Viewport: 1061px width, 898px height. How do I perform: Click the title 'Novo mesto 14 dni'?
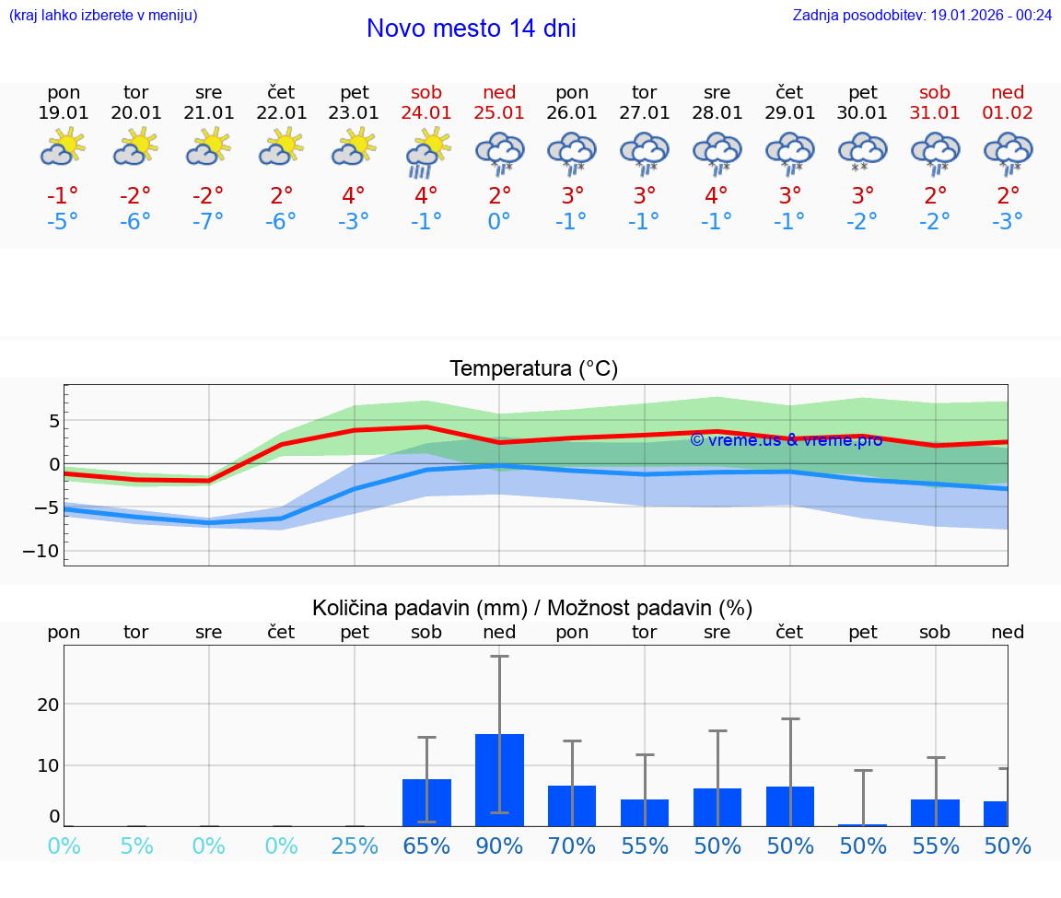[471, 29]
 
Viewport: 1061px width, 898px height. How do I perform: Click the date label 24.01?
[426, 113]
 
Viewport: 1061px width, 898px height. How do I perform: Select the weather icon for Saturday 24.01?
[426, 153]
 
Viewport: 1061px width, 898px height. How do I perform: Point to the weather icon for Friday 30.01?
[862, 153]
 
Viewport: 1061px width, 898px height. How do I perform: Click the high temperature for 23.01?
[354, 196]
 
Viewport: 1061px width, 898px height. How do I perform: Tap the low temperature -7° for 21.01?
[208, 222]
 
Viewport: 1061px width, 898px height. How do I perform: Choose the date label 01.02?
[1008, 113]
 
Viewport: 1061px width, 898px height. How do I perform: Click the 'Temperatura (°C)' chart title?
[533, 369]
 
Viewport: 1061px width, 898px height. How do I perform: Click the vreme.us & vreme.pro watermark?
[786, 440]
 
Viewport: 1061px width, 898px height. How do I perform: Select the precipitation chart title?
[532, 608]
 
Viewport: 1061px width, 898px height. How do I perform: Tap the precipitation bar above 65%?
[426, 802]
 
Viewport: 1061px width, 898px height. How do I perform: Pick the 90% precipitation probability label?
[499, 846]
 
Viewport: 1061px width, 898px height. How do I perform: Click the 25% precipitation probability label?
[354, 846]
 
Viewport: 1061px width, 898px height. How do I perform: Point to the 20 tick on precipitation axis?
[48, 705]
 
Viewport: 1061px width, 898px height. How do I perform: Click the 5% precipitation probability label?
[136, 846]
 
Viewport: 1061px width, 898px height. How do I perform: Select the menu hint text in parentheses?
[103, 15]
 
